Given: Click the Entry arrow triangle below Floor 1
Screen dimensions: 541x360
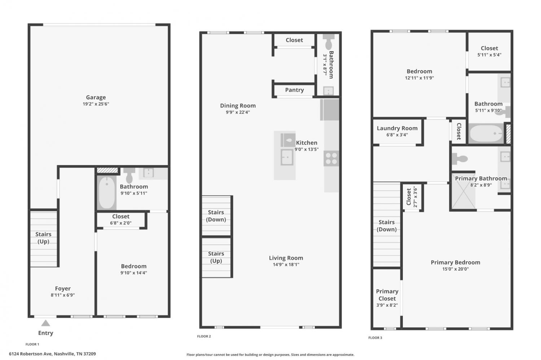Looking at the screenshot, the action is point(46,323).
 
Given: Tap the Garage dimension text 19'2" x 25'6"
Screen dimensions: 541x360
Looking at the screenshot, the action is point(96,104).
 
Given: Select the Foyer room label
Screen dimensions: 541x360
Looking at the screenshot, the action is point(63,288).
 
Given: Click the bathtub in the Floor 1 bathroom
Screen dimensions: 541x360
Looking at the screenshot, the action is point(107,192).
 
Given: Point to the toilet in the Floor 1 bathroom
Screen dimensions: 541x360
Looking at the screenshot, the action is point(129,175).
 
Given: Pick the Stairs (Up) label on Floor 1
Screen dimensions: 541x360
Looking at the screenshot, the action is point(44,238).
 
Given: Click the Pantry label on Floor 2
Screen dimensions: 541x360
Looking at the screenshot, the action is point(294,90).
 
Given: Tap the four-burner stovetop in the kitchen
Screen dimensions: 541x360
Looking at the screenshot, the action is point(331,159).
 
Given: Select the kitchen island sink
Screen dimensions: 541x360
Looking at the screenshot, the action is point(287,157).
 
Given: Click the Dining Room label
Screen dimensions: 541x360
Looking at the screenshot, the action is point(238,106).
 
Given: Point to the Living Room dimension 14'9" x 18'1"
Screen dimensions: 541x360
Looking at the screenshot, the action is point(286,265).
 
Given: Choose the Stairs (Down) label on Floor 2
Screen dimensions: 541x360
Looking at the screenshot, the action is point(216,216).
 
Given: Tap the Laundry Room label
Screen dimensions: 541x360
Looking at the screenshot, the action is point(397,128).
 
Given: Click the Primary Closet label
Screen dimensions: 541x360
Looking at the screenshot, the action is point(387,295).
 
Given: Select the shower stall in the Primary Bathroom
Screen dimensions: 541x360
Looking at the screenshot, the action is point(463,195).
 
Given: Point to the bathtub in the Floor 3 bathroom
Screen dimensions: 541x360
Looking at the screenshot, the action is point(486,133).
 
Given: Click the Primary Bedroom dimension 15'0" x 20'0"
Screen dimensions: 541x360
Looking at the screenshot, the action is point(456,269).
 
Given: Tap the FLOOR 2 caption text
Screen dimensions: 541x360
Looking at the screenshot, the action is point(204,336).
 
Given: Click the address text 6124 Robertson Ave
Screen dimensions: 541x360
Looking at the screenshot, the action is point(30,354).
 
